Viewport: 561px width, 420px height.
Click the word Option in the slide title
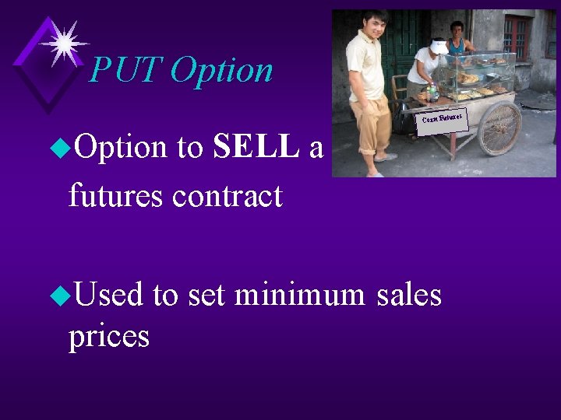pyautogui.click(x=221, y=71)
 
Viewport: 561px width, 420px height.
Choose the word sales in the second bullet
pyautogui.click(x=408, y=295)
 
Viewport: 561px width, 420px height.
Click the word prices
pyautogui.click(x=109, y=335)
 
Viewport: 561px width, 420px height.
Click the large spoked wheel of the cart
pyautogui.click(x=499, y=128)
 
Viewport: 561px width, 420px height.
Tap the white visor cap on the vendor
pyautogui.click(x=439, y=47)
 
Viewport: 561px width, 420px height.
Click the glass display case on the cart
pyautogui.click(x=478, y=74)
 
